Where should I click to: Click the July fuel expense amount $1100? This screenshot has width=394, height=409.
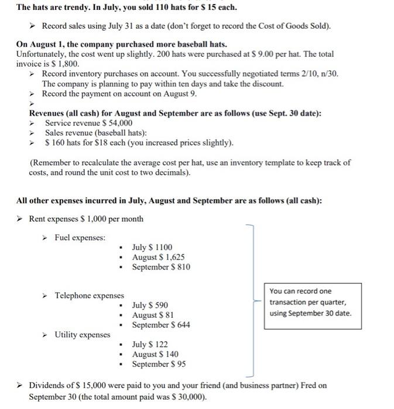163,248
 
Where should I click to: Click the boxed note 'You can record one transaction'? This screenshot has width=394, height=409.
310,301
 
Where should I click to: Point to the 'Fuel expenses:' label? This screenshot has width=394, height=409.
80,238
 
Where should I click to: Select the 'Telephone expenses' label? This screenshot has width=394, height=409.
89,296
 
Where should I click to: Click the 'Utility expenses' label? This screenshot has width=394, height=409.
82,335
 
